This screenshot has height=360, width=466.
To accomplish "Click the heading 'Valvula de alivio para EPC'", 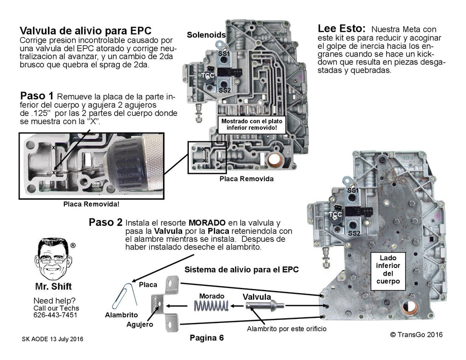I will point(85,30).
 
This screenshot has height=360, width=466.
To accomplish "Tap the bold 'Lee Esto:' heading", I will point(342,29).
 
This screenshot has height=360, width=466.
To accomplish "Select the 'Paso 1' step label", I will point(37,96).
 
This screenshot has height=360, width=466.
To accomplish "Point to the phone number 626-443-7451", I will point(56,315).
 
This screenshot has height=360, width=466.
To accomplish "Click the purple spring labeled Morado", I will point(211,307).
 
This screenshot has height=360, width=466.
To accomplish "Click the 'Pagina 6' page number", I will point(207,338).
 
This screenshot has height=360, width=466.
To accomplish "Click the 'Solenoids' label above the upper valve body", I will point(206,34).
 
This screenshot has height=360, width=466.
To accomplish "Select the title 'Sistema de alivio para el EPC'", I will point(241,269).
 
